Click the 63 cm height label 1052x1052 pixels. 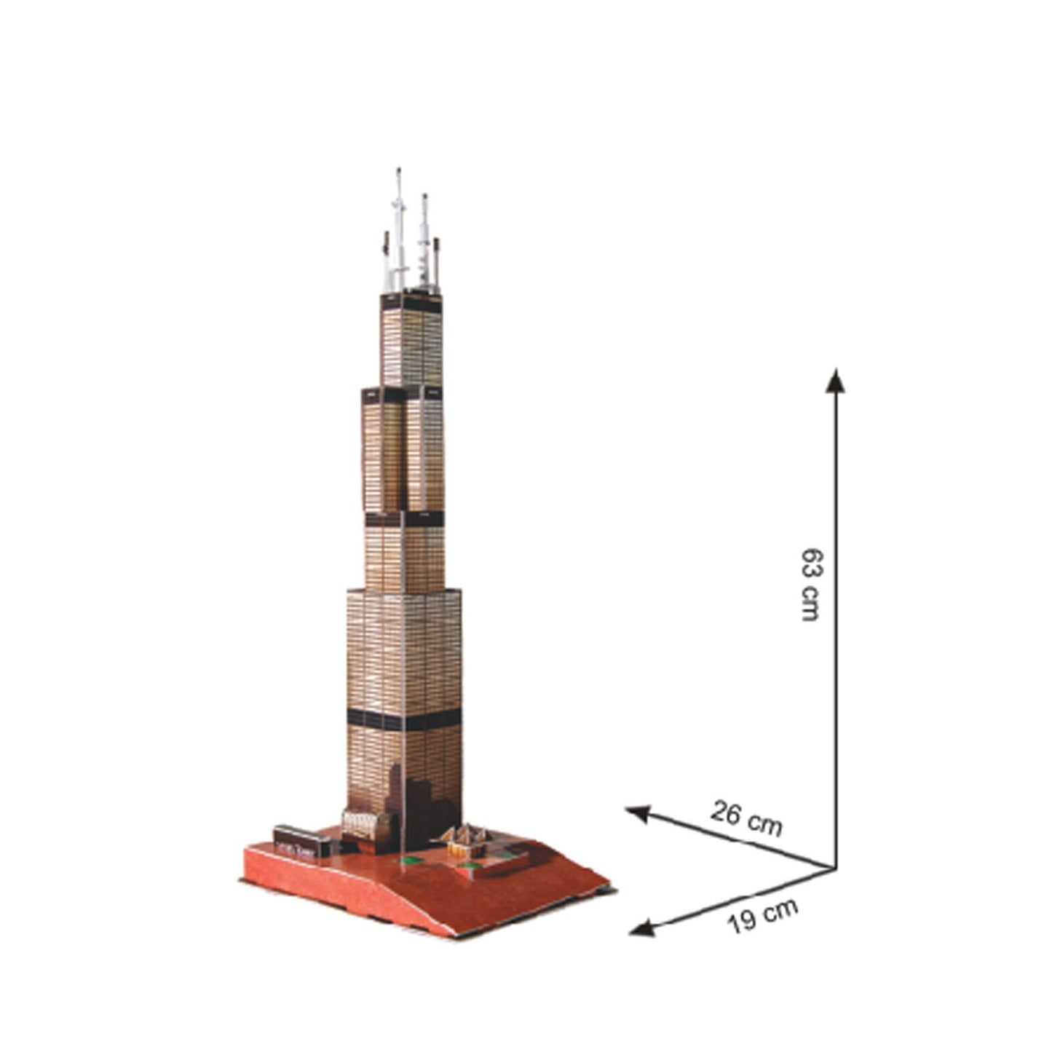(x=809, y=582)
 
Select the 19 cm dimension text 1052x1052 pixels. (x=763, y=915)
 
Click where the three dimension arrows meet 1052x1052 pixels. (x=834, y=867)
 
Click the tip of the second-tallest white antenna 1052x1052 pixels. (x=424, y=197)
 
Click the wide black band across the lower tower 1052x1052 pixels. (x=404, y=719)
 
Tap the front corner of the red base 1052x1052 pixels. (x=437, y=936)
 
